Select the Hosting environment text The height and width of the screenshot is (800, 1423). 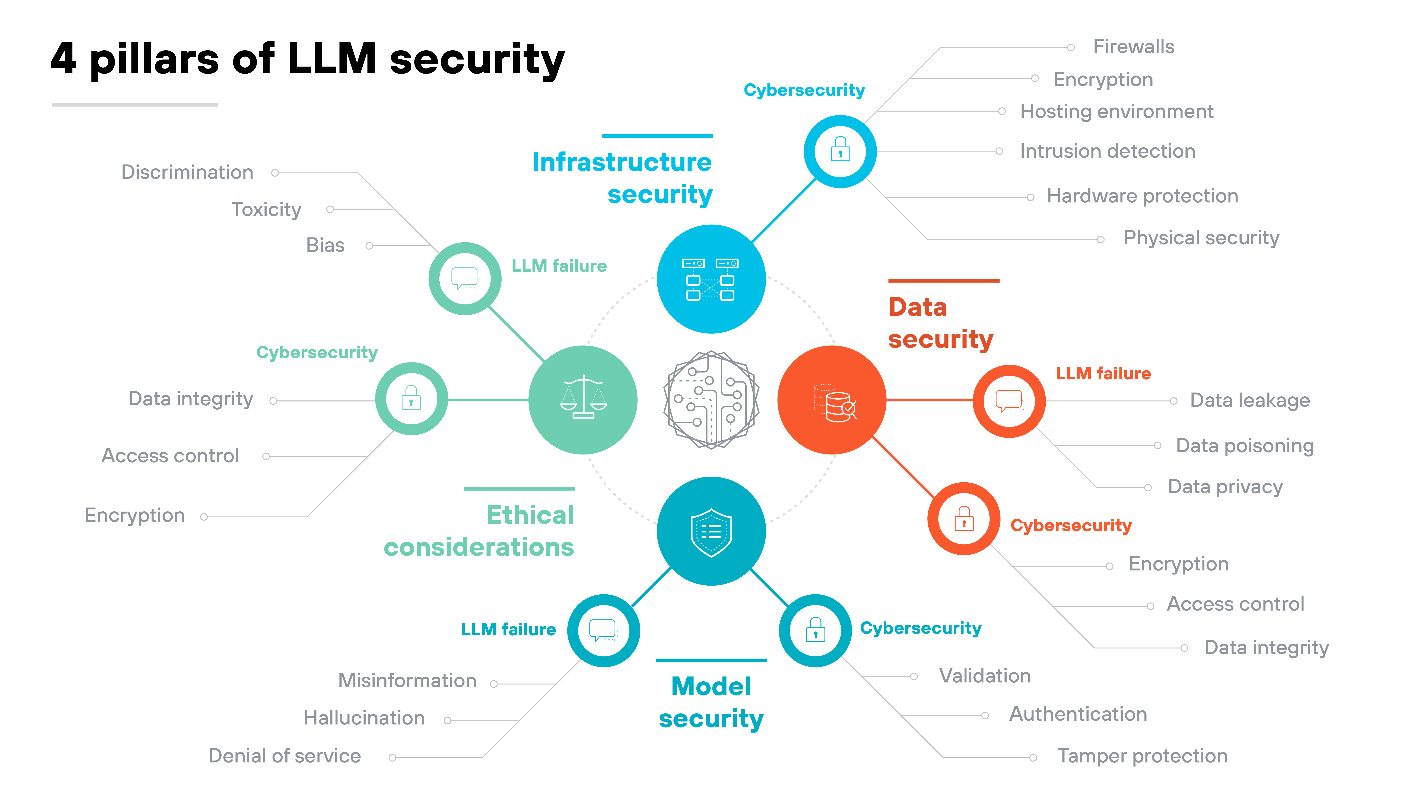1117,112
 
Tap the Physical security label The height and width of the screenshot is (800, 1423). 1201,238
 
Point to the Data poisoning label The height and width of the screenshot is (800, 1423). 1245,446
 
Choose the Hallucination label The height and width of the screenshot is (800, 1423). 364,718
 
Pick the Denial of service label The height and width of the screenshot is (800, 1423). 285,756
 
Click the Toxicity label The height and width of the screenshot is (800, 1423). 266,210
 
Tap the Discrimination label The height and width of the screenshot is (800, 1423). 187,172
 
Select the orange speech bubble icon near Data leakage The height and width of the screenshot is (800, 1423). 1009,401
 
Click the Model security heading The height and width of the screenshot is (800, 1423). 711,702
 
